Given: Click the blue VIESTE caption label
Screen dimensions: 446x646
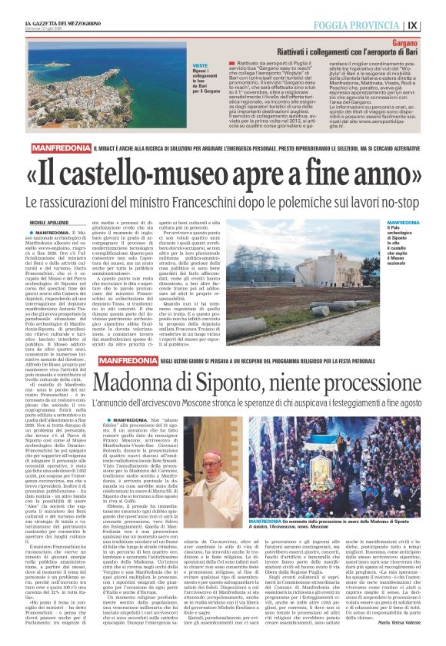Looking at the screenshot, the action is (199, 68).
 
